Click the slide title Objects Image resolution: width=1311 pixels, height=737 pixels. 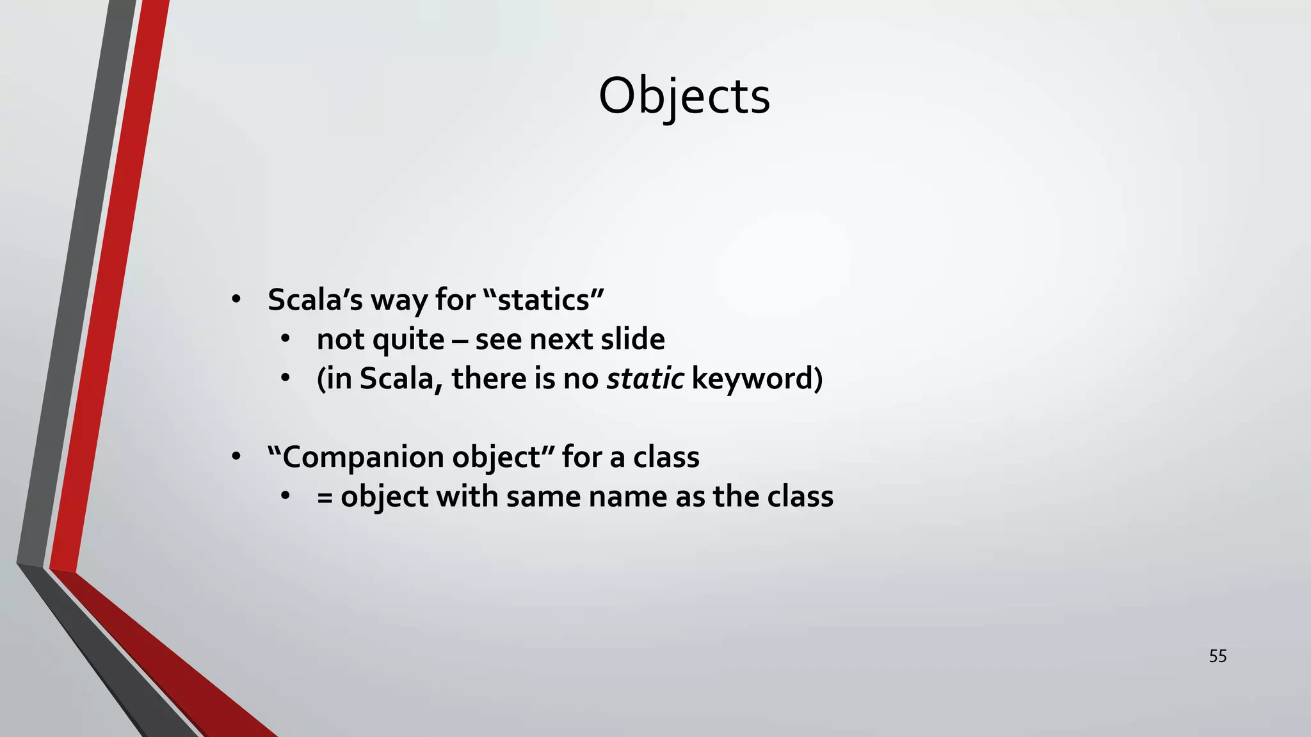(684, 96)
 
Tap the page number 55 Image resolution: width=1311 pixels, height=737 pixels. (1218, 656)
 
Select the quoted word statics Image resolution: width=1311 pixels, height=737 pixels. (543, 299)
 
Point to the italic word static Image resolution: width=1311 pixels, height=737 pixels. (645, 378)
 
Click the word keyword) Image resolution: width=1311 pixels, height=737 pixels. (757, 378)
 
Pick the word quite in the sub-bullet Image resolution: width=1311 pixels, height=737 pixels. (408, 339)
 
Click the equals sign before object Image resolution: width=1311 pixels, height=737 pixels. (325, 497)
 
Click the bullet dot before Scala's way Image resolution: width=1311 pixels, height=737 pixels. (236, 299)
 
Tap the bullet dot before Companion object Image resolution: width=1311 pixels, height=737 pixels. (236, 456)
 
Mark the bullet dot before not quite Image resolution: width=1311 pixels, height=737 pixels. (286, 338)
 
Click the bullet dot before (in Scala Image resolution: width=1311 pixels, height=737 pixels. (286, 377)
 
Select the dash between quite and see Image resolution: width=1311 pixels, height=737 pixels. (460, 340)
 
